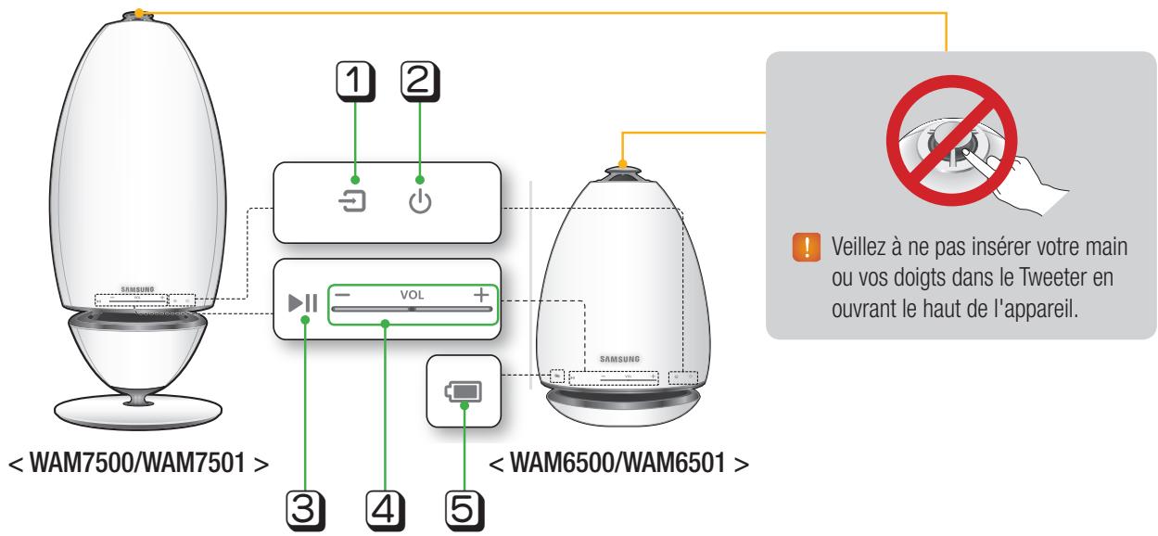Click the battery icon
click(464, 390)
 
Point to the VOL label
click(411, 295)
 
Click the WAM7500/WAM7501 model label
click(138, 461)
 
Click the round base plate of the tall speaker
click(138, 409)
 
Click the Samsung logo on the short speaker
click(619, 356)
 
